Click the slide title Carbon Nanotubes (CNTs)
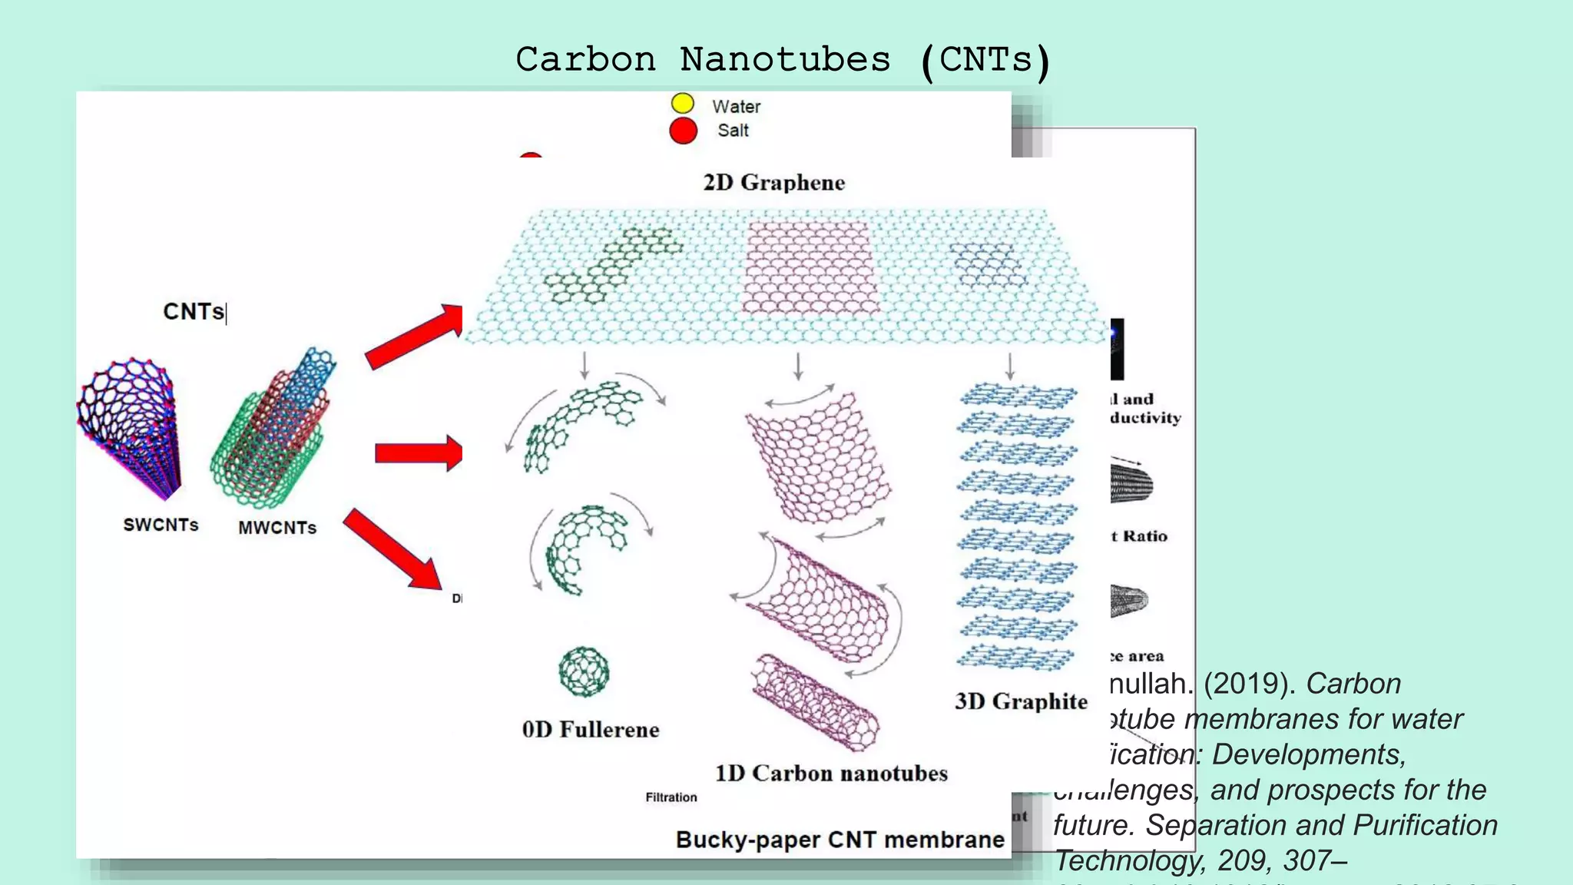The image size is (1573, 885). point(783,60)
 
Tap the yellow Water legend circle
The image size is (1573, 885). point(682,104)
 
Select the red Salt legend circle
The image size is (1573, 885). point(683,131)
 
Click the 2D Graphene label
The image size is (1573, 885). point(773,183)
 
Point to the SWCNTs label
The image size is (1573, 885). point(161,525)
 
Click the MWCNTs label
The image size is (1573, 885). point(277,528)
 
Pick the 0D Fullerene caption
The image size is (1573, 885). point(590,729)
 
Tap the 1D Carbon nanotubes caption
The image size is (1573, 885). point(831,773)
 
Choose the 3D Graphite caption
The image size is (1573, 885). point(1021,701)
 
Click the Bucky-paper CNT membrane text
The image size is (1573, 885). point(839,840)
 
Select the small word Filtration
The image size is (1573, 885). point(671,797)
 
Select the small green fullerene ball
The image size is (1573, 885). point(584,671)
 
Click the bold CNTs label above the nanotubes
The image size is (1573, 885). point(194,311)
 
